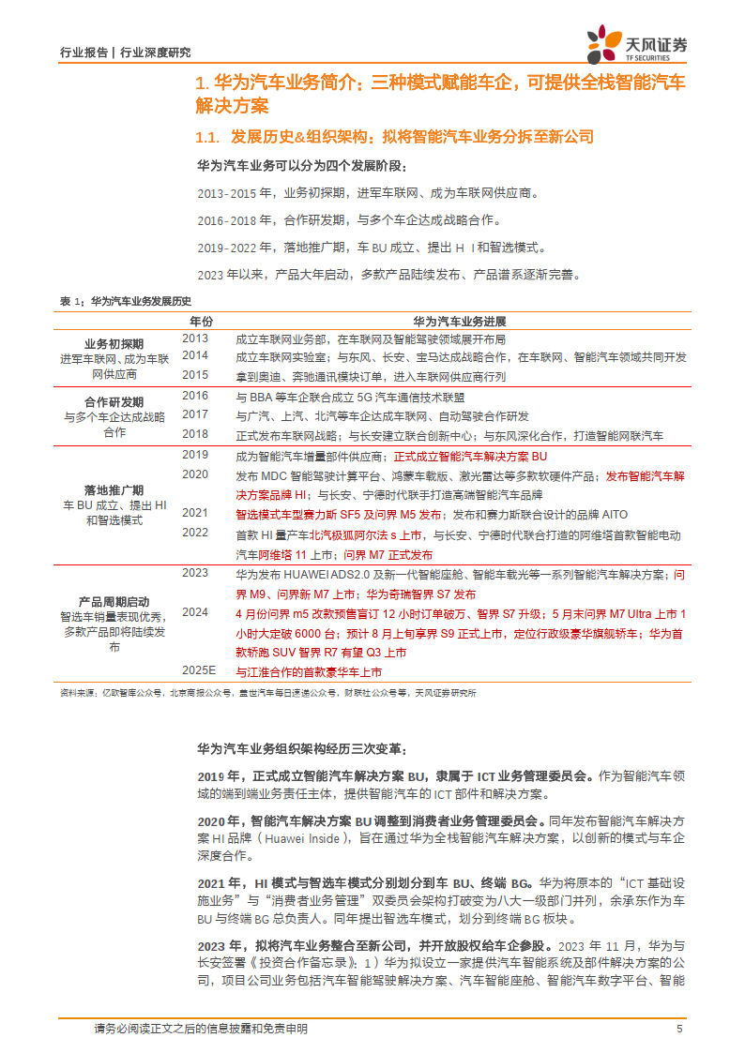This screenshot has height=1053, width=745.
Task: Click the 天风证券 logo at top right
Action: [x=637, y=44]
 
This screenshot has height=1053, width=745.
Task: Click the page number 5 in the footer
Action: [x=678, y=1029]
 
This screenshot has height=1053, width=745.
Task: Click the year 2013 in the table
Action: [x=195, y=338]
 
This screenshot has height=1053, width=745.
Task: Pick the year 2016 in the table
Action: [x=195, y=396]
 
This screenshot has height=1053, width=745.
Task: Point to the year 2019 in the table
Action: [x=195, y=455]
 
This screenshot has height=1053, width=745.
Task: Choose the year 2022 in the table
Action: [x=195, y=533]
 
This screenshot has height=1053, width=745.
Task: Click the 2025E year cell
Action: [x=199, y=669]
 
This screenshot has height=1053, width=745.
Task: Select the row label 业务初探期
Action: [x=114, y=342]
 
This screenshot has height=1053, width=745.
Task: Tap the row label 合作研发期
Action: [x=114, y=400]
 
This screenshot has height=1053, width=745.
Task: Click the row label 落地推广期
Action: [x=114, y=489]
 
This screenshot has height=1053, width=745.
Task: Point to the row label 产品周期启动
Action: [x=114, y=601]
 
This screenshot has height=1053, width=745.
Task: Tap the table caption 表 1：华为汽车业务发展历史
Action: [x=125, y=301]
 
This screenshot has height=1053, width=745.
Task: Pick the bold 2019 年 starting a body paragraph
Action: [x=219, y=776]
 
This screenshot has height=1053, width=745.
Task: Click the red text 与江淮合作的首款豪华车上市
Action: [x=309, y=672]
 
